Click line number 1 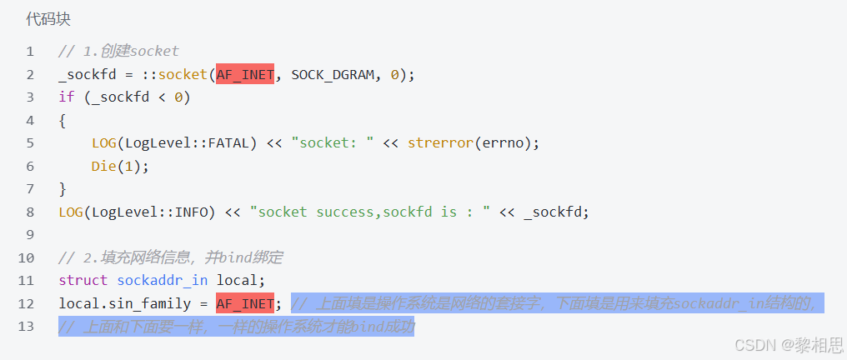pyautogui.click(x=30, y=52)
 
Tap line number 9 pyautogui.click(x=30, y=235)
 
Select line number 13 pyautogui.click(x=27, y=326)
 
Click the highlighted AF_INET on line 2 pyautogui.click(x=245, y=75)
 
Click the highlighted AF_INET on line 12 pyautogui.click(x=245, y=303)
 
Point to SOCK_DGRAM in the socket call pyautogui.click(x=332, y=75)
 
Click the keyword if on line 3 pyautogui.click(x=67, y=97)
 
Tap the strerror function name pyautogui.click(x=439, y=143)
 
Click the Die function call pyautogui.click(x=103, y=166)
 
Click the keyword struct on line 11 pyautogui.click(x=83, y=280)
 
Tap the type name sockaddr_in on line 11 pyautogui.click(x=162, y=280)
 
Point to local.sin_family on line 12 pyautogui.click(x=124, y=303)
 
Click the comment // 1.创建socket pyautogui.click(x=118, y=52)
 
